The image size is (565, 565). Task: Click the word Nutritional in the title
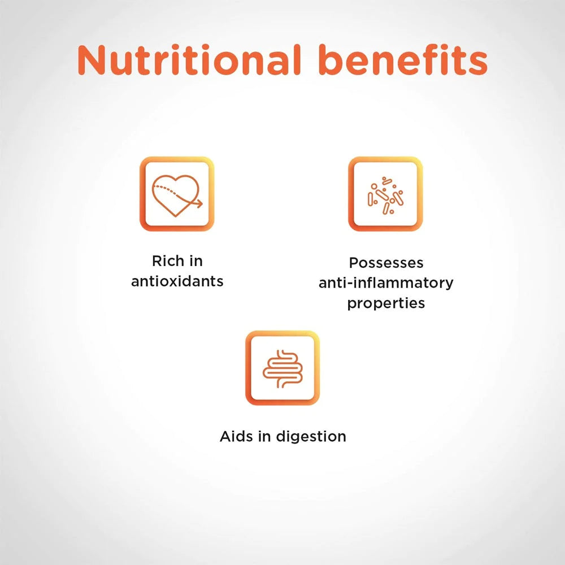pos(189,60)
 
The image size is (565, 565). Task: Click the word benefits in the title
pos(403,60)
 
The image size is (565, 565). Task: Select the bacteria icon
pos(385,195)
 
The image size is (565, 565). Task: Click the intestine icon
pos(282,369)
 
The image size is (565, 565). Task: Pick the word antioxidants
pos(177,281)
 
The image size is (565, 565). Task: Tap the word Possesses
pos(386,263)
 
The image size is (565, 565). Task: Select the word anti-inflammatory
pos(386,283)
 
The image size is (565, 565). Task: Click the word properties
pos(386,303)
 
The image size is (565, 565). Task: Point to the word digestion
pos(311,437)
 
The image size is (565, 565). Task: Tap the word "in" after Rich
pos(195,261)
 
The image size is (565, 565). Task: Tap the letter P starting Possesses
pos(354,263)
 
